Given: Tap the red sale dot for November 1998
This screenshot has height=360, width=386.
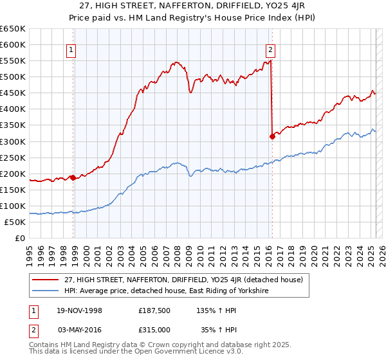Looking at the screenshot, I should (73, 177).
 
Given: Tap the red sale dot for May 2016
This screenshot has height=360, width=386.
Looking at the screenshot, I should (272, 136).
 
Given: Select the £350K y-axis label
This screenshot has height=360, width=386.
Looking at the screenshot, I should (13, 125).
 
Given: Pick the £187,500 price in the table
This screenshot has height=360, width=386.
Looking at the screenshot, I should (154, 310).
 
